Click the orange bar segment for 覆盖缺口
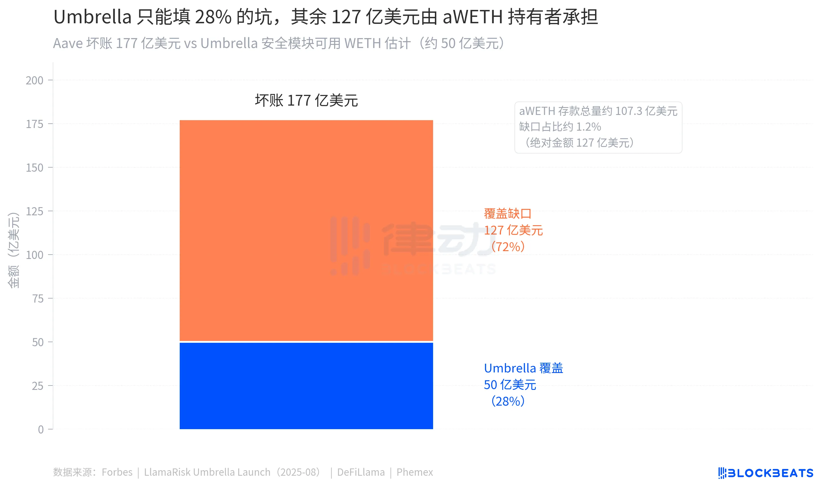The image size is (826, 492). coord(306,230)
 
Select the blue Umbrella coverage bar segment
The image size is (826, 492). coord(306,386)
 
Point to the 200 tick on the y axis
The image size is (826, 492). coord(34,80)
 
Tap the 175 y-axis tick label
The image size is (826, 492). coord(34,124)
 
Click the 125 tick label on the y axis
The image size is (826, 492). coord(34,211)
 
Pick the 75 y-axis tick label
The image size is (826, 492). coord(38,299)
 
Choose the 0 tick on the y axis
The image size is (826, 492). coord(41,430)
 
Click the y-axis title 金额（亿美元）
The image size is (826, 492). coord(14,250)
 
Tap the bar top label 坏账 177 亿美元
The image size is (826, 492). coord(306,100)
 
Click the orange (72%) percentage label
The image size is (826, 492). coord(508,247)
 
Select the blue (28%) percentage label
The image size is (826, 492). coord(508,401)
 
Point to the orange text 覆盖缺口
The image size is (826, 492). coord(507,214)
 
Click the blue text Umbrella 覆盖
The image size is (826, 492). coord(523,368)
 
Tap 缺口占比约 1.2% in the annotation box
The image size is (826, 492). coord(560,127)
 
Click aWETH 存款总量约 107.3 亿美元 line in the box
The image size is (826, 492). coord(598,111)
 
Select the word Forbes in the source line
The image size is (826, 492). coord(117,472)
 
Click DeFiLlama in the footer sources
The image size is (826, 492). coord(361,472)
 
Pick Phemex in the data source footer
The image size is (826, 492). coord(414,472)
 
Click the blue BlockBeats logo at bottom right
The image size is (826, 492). coord(765,473)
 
